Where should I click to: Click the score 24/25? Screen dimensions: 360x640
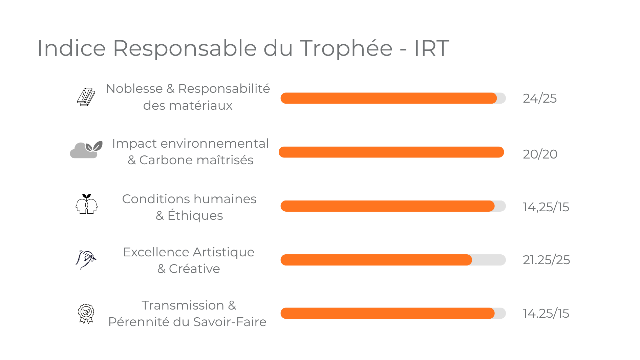(539, 99)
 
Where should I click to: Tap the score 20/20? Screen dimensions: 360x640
(540, 154)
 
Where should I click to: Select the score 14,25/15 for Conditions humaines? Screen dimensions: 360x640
(546, 207)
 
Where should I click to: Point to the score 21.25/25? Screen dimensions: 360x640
(546, 260)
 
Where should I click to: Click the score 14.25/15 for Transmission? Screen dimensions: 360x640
(546, 313)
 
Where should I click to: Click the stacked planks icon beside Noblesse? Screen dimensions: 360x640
(86, 97)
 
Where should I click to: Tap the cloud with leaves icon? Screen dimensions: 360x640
(86, 150)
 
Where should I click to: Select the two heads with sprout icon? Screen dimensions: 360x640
(86, 204)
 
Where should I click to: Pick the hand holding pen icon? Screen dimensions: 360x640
(86, 259)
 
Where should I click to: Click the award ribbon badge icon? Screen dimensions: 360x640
(86, 313)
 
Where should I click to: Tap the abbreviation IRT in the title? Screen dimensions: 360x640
(431, 48)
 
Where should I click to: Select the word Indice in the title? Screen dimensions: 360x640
(71, 48)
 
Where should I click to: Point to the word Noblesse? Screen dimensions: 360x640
(134, 89)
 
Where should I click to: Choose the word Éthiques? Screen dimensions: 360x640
(195, 216)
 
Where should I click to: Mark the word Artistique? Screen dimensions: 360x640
(223, 252)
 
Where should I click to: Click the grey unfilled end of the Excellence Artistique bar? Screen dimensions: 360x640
(488, 260)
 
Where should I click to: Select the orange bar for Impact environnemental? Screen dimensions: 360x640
(391, 152)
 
